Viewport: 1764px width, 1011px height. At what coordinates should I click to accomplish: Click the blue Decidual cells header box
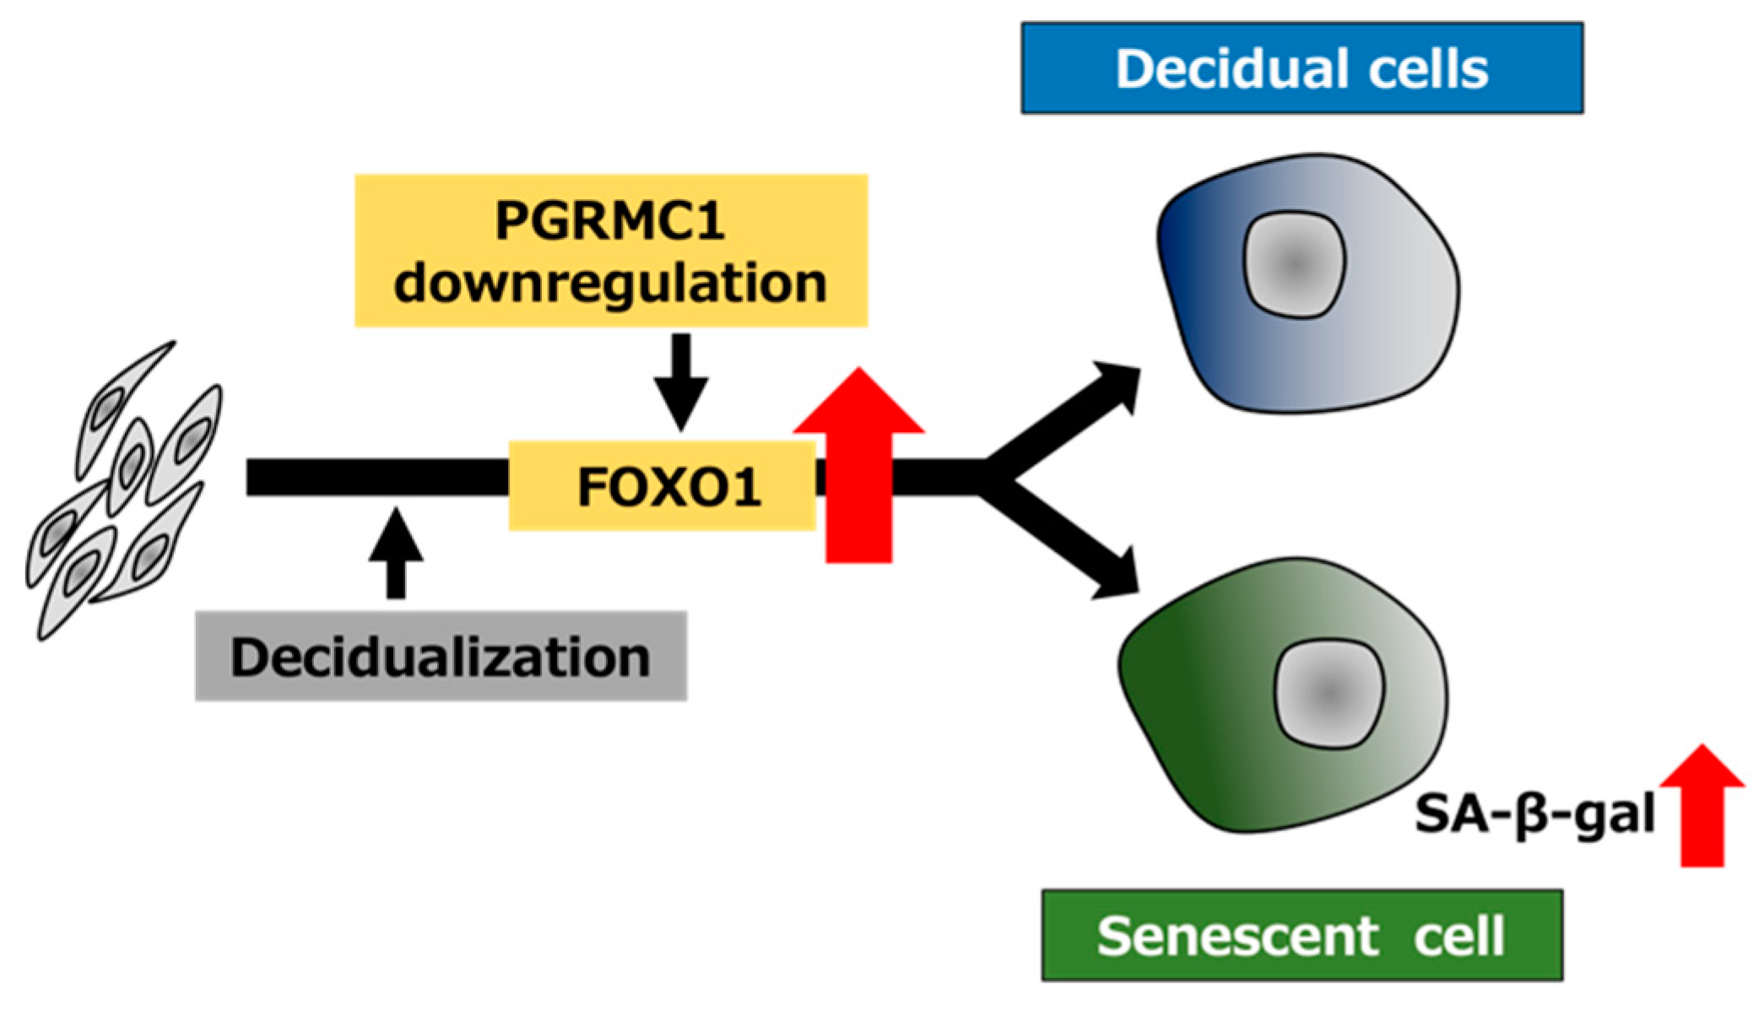(1301, 68)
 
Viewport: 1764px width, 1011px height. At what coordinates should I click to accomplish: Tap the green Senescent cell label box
(1301, 935)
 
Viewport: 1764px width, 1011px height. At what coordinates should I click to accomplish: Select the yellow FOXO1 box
(663, 486)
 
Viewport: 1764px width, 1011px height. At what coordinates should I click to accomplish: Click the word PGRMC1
(610, 221)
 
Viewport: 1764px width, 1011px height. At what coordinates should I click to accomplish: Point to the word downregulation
(610, 283)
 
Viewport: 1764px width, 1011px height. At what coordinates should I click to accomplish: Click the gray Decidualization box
(441, 657)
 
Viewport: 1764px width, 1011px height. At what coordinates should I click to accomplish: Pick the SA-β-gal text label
(1534, 815)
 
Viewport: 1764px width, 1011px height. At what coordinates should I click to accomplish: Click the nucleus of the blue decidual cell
(1294, 264)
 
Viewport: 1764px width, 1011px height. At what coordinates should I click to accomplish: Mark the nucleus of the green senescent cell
(1329, 693)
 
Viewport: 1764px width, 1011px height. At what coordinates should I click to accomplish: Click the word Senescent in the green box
(1237, 935)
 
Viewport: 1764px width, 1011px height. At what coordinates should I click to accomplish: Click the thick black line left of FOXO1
(376, 478)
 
